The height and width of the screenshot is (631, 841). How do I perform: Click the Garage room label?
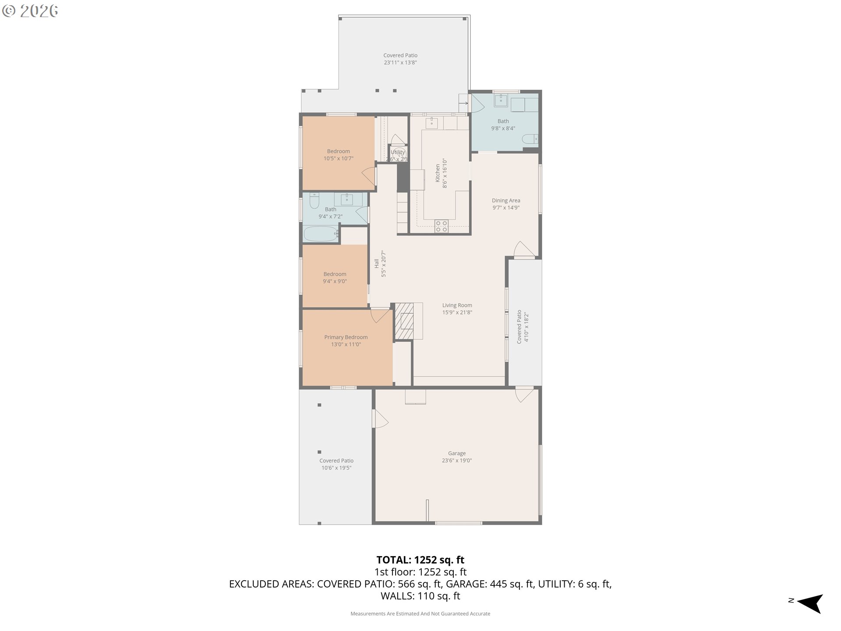click(456, 453)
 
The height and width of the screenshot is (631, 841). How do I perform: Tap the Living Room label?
click(457, 305)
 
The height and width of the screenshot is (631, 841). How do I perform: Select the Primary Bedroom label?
click(346, 337)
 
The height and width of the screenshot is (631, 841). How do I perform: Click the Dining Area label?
click(506, 201)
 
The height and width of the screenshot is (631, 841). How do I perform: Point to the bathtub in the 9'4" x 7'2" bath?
click(321, 234)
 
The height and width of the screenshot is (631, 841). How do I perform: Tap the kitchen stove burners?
click(441, 226)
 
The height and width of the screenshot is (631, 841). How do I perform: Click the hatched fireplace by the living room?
click(404, 321)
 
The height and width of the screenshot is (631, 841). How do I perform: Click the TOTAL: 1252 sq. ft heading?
click(420, 560)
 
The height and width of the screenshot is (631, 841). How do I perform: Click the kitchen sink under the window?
click(431, 123)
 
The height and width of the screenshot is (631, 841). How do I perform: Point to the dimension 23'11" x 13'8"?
click(400, 63)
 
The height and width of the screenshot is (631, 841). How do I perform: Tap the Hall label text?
click(376, 263)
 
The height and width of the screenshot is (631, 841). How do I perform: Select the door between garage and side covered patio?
click(379, 418)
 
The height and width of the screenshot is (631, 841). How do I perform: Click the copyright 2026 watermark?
click(30, 11)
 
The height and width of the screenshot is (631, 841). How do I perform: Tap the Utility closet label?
click(397, 152)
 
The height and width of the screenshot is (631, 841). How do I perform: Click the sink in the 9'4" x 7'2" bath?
click(347, 199)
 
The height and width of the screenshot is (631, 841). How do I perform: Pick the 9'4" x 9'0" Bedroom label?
click(335, 274)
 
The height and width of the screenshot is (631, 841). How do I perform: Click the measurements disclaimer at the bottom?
click(420, 613)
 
